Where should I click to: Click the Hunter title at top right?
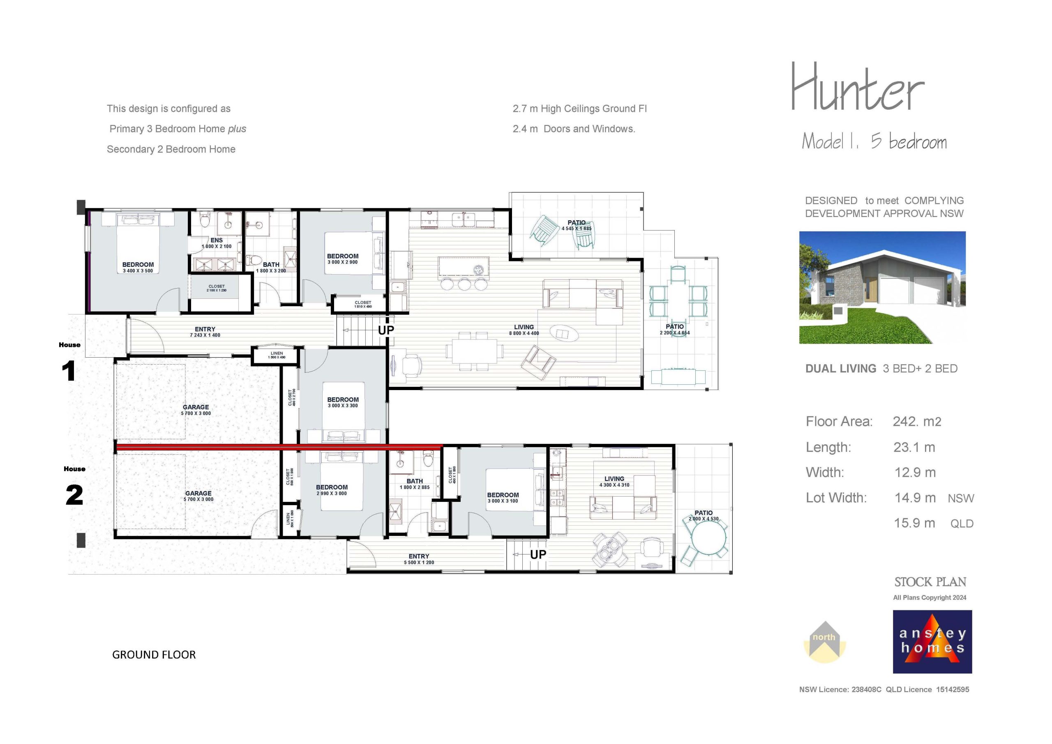coord(857,88)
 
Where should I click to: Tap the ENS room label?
coord(217,240)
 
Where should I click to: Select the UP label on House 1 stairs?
coord(386,330)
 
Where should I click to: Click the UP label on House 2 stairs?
coord(538,555)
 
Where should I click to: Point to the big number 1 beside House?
coord(69,371)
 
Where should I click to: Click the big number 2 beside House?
coord(74,495)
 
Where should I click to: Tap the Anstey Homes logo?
coord(932,641)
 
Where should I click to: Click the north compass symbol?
coord(824,642)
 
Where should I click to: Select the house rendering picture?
coord(882,287)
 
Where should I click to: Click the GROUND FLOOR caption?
coord(154,655)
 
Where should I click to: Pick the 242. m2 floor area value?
coord(917,422)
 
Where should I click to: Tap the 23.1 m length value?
coord(914,447)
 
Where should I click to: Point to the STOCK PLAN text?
coord(930,582)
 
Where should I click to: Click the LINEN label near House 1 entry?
coord(277,354)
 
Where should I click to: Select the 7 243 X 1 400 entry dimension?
coord(205,335)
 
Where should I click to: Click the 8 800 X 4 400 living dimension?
coord(524,333)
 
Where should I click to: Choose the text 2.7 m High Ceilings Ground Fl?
coord(579,109)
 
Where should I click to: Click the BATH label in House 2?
coord(415,481)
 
